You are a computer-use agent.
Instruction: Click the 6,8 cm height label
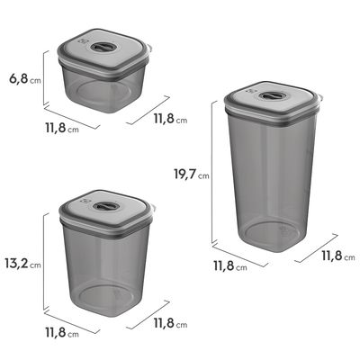point(25,79)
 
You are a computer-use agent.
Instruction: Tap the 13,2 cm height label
point(22,264)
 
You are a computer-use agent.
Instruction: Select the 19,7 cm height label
point(192,175)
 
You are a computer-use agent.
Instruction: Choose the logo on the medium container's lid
point(85,202)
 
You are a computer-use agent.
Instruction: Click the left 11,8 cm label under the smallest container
point(62,129)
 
